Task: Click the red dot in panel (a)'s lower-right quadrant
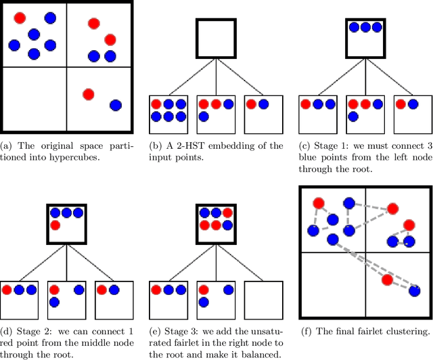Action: [x=88, y=93]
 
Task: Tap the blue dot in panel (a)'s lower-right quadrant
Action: [x=115, y=105]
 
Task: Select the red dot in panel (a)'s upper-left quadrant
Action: [x=20, y=17]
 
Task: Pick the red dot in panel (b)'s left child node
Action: [x=156, y=104]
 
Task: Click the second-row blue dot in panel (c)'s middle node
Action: [x=352, y=116]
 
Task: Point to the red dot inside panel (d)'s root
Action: [x=55, y=224]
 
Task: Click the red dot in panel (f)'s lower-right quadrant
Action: [x=386, y=279]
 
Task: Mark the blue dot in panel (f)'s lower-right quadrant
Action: [x=414, y=291]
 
